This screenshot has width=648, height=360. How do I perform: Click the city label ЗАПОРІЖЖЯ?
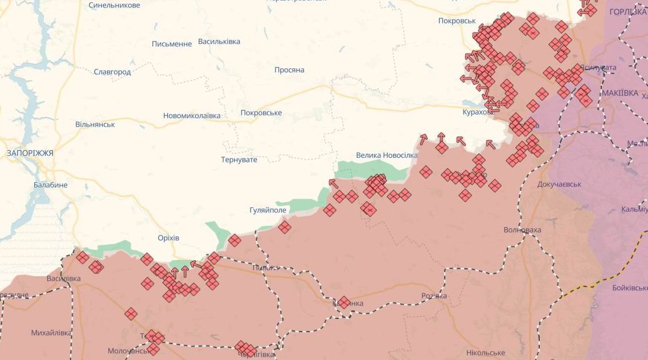tap(30, 153)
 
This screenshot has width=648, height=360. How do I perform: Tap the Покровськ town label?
tap(457, 21)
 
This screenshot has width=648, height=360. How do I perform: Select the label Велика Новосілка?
tap(387, 155)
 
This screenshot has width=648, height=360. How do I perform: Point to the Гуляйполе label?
tap(268, 210)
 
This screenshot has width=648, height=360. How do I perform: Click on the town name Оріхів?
tap(169, 238)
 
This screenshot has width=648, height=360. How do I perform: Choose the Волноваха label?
tap(522, 230)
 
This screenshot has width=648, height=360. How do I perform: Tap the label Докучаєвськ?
tap(559, 185)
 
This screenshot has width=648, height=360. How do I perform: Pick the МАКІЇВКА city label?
tap(620, 92)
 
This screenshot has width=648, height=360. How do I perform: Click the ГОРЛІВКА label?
tap(628, 11)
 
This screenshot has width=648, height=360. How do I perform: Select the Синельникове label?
tap(114, 5)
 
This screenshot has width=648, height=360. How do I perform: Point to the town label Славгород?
tap(112, 72)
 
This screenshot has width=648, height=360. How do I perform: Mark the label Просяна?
tap(289, 70)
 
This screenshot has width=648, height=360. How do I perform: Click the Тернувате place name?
tap(239, 159)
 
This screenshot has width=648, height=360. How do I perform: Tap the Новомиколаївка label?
tap(191, 116)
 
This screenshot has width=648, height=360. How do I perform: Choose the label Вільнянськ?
tap(95, 124)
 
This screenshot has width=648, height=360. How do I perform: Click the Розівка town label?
tap(434, 296)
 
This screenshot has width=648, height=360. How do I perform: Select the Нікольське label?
tap(485, 353)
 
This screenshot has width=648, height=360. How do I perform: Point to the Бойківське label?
tap(629, 288)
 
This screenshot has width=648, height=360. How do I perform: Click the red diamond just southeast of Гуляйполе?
tap(285, 227)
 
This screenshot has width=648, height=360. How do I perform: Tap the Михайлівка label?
tap(51, 332)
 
